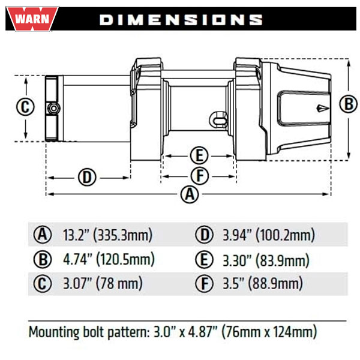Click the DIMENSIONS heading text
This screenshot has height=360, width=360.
(181, 19)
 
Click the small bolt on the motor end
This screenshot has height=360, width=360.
(53, 109)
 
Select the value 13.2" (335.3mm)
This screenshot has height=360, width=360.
(107, 235)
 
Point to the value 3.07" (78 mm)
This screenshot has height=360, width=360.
(102, 283)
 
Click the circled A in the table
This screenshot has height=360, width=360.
(42, 235)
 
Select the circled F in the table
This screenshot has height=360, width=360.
(204, 283)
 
